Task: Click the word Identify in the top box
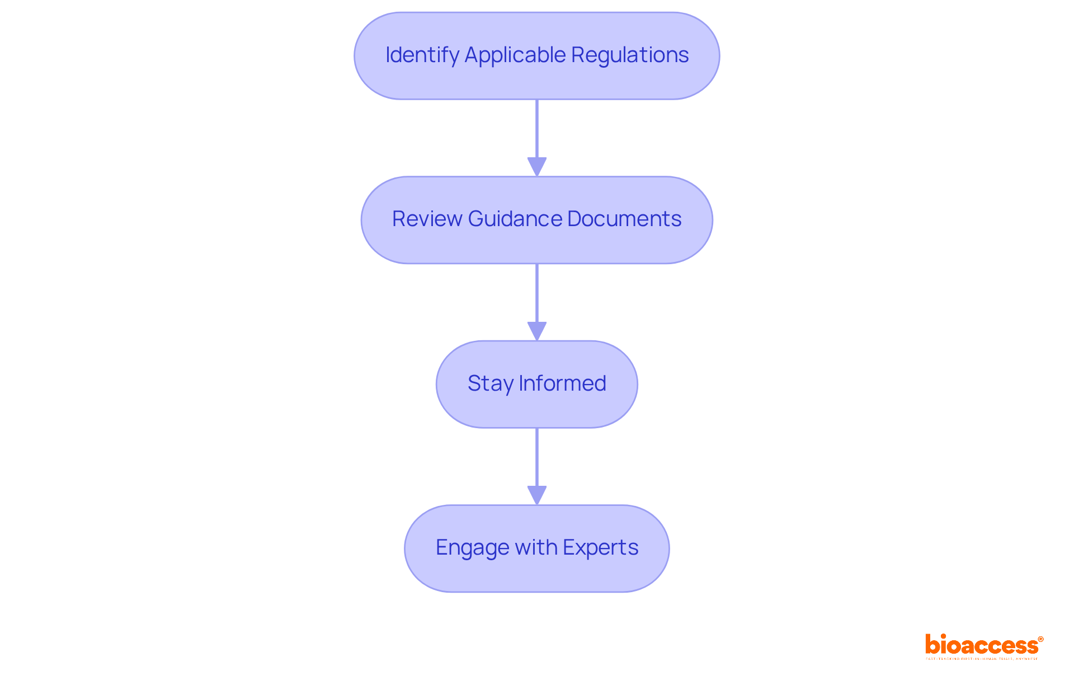click(422, 55)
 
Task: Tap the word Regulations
click(630, 55)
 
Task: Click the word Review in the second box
click(427, 219)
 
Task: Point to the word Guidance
click(515, 219)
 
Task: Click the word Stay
click(490, 383)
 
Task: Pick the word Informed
click(562, 383)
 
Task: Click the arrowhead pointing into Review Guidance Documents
click(537, 167)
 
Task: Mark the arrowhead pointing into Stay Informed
click(537, 331)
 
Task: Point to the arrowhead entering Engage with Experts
click(537, 495)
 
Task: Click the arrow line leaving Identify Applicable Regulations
click(537, 129)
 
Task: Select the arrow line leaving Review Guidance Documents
click(537, 293)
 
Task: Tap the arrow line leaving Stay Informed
click(537, 457)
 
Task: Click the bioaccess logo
click(981, 645)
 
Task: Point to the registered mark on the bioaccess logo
click(1040, 639)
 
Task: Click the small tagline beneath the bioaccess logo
click(982, 659)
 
